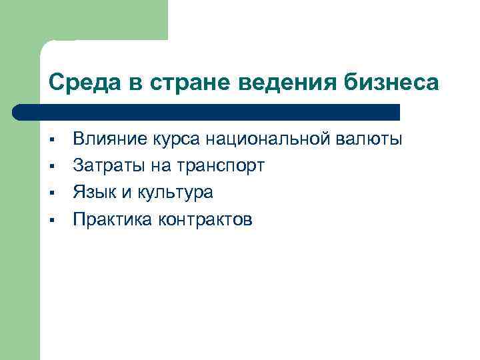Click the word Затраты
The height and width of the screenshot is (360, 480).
click(107, 165)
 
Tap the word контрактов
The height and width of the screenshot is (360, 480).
click(206, 220)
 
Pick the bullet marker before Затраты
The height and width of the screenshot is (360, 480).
click(51, 166)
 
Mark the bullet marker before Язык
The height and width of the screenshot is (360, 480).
click(51, 193)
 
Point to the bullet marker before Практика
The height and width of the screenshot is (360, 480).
click(51, 220)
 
